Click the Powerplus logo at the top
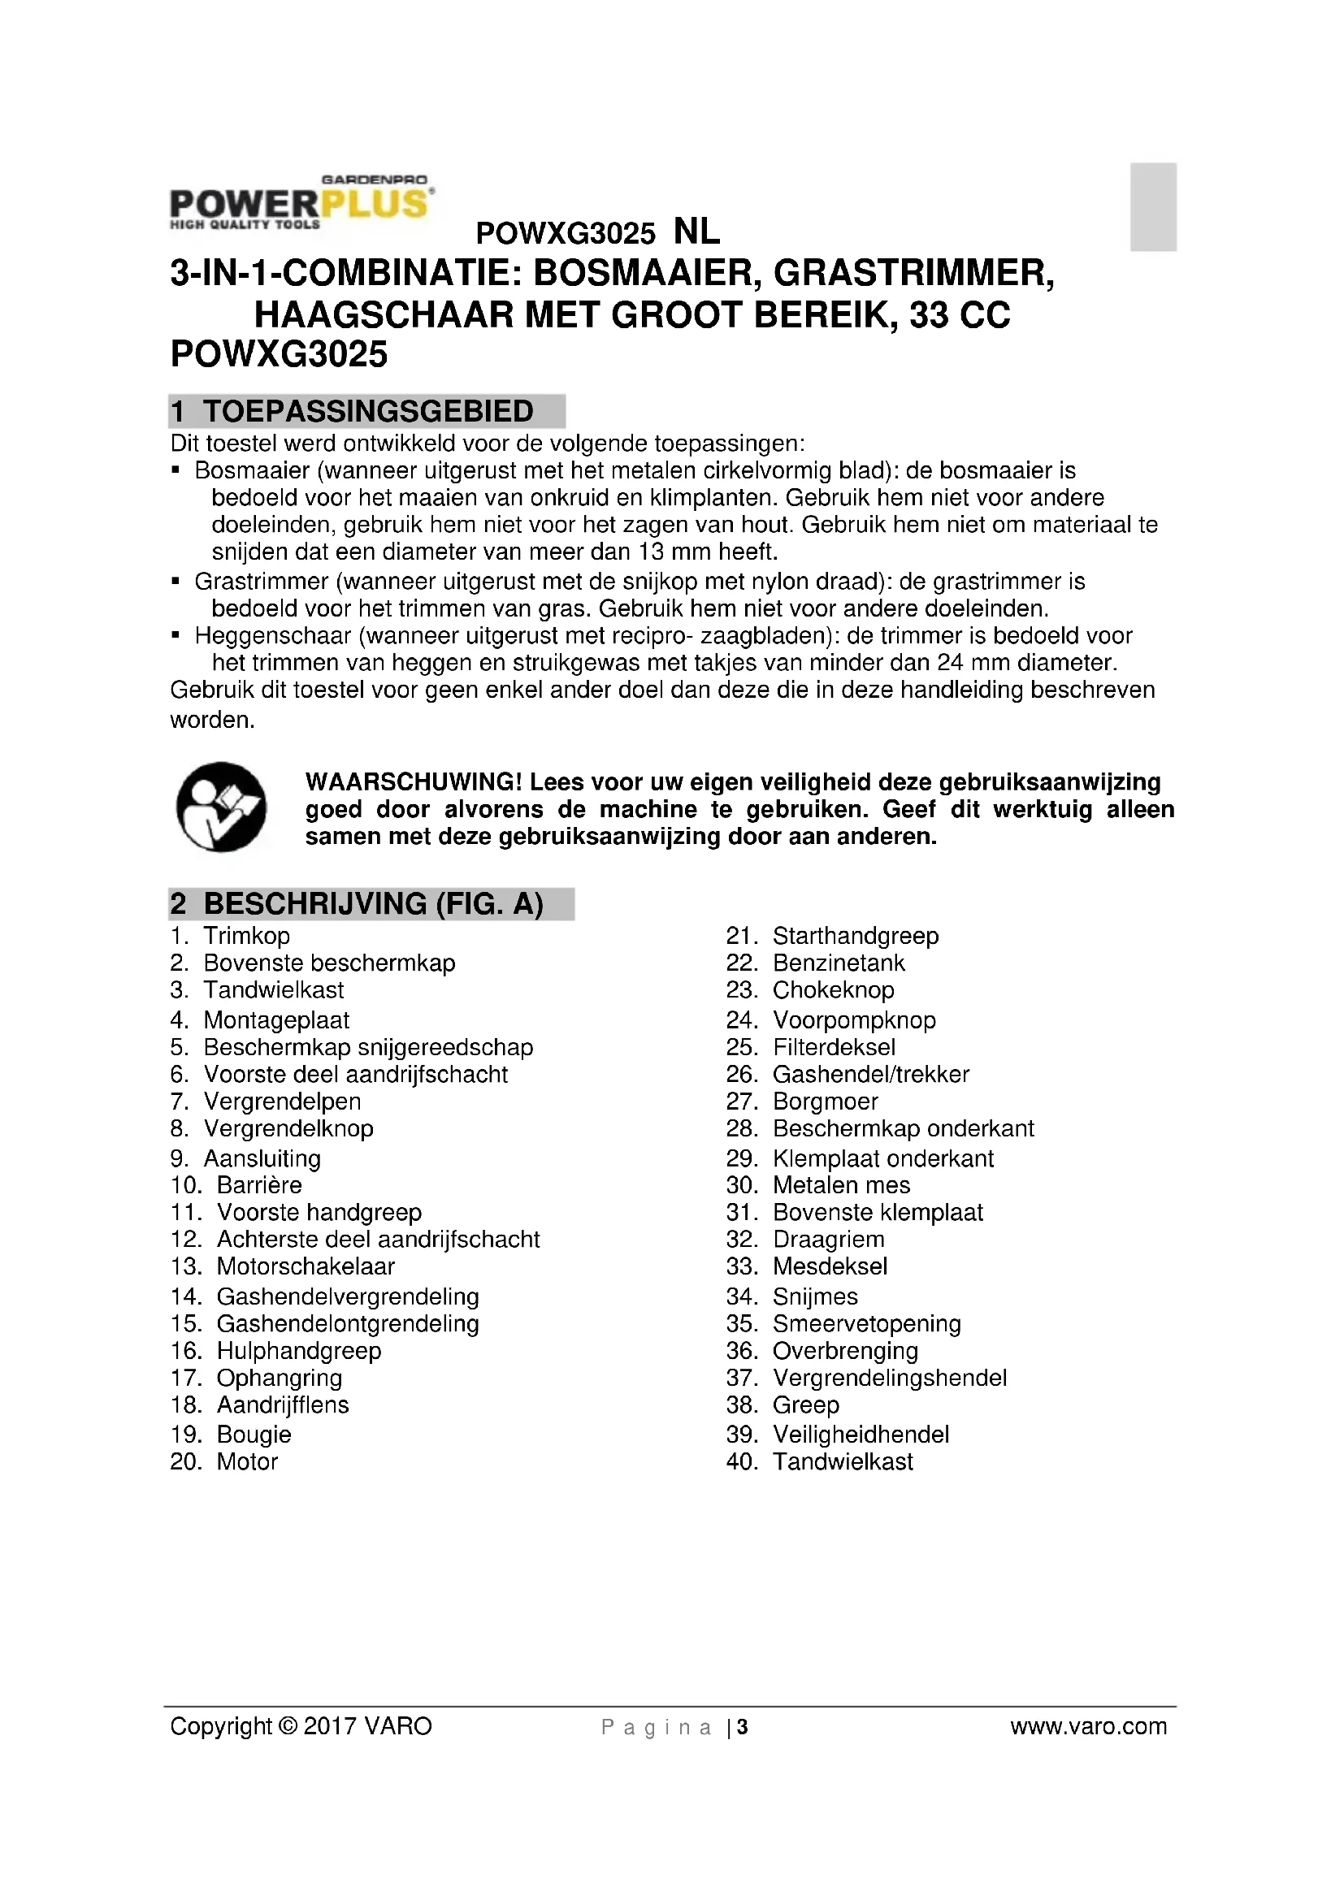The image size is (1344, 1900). click(x=301, y=203)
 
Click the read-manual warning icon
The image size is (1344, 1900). click(x=221, y=807)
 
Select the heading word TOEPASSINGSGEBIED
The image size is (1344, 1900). click(x=368, y=411)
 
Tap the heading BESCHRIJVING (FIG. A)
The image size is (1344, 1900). click(x=373, y=903)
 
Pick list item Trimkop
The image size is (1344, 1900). click(x=247, y=936)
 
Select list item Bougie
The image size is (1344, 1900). click(x=254, y=1434)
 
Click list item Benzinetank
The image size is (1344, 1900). click(x=839, y=963)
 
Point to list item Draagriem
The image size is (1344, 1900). click(x=828, y=1240)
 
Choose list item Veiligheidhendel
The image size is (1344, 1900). click(x=861, y=1434)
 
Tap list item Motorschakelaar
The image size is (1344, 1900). click(x=306, y=1266)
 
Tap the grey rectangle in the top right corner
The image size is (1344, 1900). click(x=1153, y=207)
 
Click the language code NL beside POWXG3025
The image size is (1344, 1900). click(x=697, y=232)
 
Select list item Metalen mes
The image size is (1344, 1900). click(x=841, y=1185)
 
